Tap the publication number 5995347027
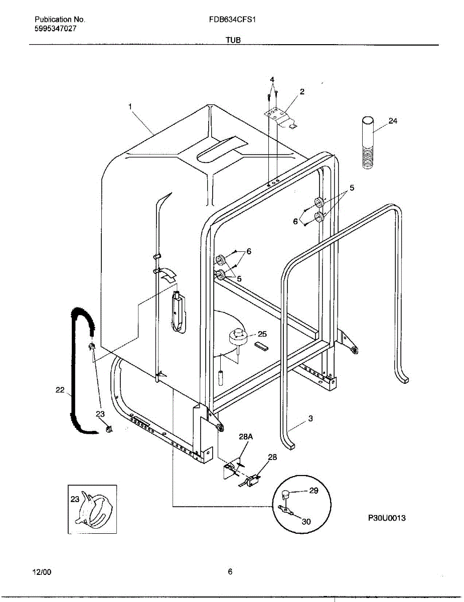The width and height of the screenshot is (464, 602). pos(56,29)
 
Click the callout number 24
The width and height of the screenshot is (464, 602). pos(393,121)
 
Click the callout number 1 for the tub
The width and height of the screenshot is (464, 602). pos(130,106)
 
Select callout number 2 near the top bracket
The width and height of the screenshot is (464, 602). pos(302,92)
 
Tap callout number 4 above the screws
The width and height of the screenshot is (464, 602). pos(272,80)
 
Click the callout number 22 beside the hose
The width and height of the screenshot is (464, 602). pos(60,390)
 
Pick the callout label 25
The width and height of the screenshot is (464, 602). pos(262,334)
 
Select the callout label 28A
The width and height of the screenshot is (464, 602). pos(246,437)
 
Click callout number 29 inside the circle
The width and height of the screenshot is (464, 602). pos(314,491)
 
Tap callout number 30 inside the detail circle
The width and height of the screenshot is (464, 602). pos(306,521)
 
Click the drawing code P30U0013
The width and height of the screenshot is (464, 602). pos(387,518)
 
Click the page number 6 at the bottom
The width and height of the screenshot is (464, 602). pos(230,571)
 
